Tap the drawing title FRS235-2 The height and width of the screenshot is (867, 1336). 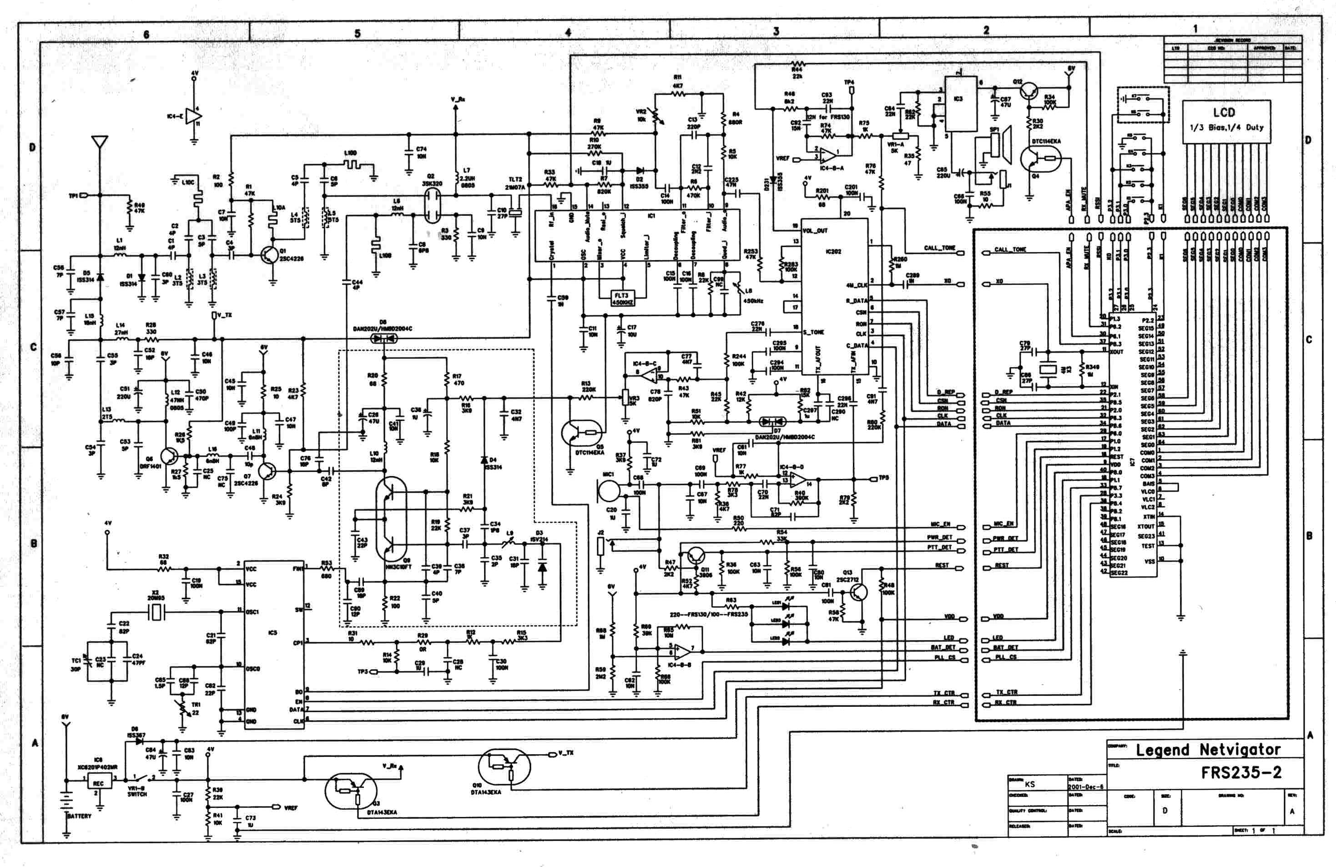(1241, 773)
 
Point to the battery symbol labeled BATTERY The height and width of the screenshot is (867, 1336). (67, 800)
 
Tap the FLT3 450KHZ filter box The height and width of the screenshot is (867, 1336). (621, 298)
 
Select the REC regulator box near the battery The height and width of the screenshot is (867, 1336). (99, 783)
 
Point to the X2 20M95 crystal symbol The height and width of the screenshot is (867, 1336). (156, 612)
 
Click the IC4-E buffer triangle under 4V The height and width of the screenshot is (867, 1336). (194, 116)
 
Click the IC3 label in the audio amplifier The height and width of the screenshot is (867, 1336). (958, 99)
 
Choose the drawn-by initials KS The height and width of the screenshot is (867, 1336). (1029, 784)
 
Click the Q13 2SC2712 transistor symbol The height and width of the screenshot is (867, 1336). (858, 591)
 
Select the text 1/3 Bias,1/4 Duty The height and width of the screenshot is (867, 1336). (1226, 127)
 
